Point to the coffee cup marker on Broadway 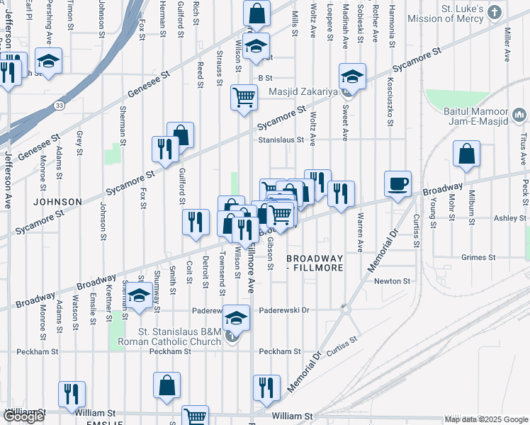point(397,184)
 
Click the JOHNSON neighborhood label point(52,201)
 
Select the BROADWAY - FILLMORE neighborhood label point(315,263)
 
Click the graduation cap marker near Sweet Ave point(352,76)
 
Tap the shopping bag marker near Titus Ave point(466,154)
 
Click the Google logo point(23,416)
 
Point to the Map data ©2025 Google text point(485,419)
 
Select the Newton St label point(393,281)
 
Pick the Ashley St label point(507,218)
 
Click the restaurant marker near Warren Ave point(341,193)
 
